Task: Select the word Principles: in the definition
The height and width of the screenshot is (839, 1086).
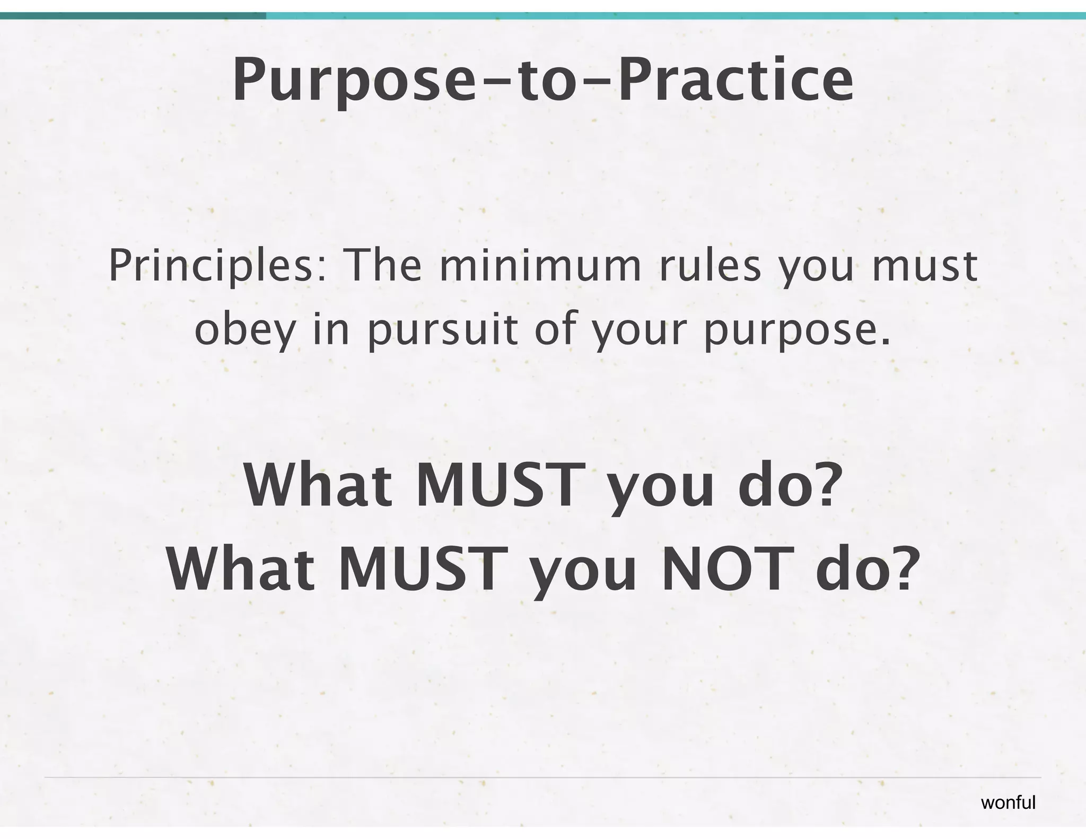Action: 211,267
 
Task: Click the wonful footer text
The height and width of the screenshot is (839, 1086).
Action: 1008,803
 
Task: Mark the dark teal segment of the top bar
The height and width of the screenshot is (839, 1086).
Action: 133,16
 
